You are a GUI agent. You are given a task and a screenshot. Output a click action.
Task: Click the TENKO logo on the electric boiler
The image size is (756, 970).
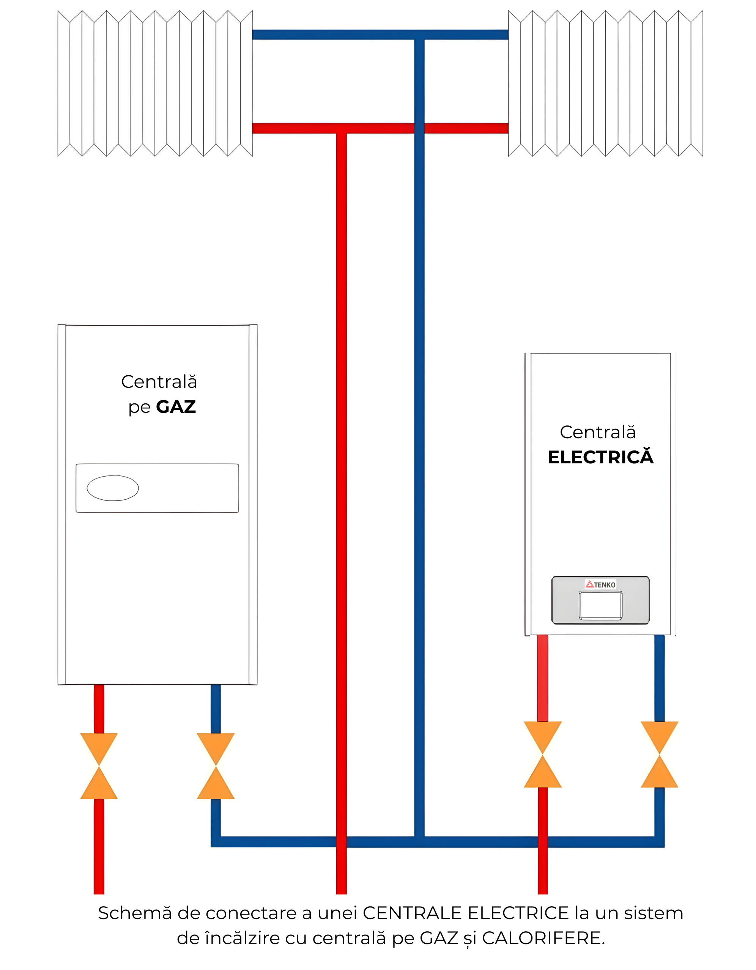coord(600,584)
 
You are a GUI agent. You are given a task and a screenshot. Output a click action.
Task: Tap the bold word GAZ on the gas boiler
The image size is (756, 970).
coord(176,407)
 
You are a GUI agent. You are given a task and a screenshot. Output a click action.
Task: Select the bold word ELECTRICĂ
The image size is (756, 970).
coord(600,457)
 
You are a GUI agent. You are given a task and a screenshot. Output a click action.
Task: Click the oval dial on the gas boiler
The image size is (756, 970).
coord(113,488)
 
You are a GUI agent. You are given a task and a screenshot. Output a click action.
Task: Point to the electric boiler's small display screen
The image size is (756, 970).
coord(600,605)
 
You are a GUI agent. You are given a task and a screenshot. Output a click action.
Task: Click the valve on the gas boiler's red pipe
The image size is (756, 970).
coord(99,766)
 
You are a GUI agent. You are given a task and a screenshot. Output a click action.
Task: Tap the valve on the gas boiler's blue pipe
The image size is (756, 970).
coord(216,766)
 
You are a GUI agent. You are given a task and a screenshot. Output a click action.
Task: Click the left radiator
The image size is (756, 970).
coord(155,83)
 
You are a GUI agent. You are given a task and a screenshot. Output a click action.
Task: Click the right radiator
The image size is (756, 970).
coord(605,83)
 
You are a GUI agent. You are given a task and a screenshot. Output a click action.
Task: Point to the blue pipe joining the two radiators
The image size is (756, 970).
coord(337,35)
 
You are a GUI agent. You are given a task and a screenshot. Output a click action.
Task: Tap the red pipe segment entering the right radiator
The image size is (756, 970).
coord(466,128)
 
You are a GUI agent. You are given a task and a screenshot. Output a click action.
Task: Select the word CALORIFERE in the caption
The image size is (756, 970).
coord(543,938)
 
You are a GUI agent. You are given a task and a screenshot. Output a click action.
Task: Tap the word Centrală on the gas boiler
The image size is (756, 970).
coord(159,382)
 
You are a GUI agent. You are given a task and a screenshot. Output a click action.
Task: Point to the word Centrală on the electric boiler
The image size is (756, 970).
coord(598,432)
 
